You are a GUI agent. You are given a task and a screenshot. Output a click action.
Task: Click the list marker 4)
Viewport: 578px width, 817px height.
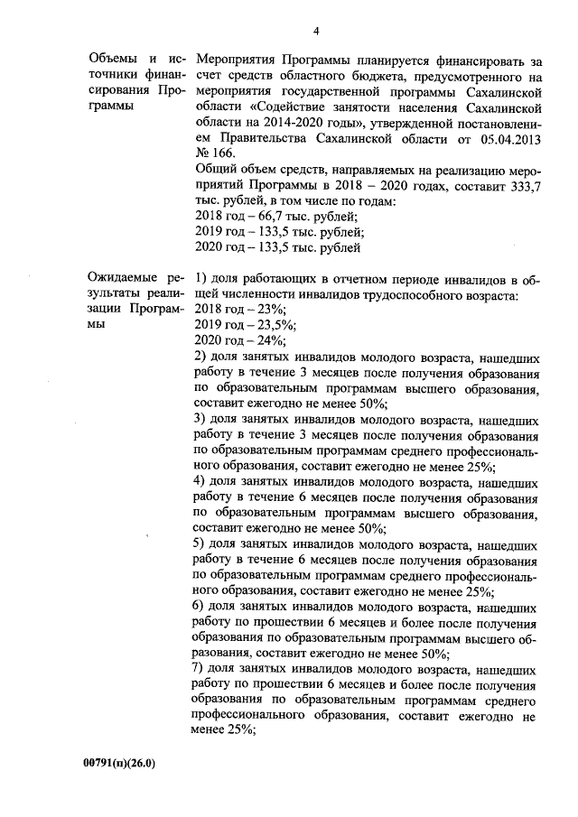201,482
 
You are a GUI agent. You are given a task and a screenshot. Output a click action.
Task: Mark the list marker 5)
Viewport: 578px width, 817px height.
201,544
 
